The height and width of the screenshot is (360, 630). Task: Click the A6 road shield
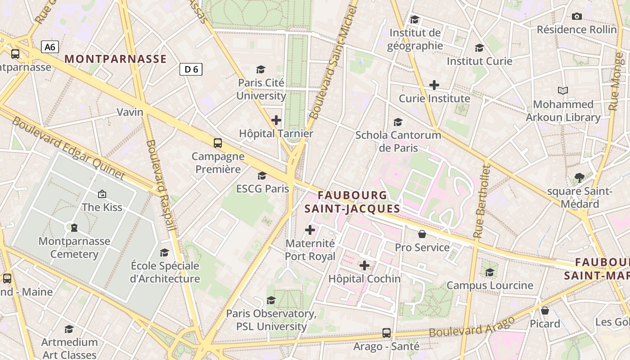(x=50, y=47)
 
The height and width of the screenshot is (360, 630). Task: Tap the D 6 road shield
(x=191, y=69)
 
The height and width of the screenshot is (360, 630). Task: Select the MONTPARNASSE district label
(x=116, y=59)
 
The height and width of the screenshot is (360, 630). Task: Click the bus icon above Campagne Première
(x=218, y=143)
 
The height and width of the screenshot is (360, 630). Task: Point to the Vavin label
(x=130, y=112)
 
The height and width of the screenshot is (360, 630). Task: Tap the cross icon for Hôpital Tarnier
(x=276, y=120)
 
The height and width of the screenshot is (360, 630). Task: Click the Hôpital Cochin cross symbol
(x=364, y=265)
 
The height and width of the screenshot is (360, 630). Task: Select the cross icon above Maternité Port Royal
(x=310, y=230)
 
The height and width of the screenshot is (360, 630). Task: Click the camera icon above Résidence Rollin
(x=576, y=17)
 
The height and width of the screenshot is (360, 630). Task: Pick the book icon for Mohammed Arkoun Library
(x=563, y=90)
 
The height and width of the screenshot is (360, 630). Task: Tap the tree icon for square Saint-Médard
(x=580, y=178)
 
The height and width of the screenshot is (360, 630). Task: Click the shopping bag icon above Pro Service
(x=422, y=234)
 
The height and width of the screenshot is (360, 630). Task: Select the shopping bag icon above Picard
(x=545, y=310)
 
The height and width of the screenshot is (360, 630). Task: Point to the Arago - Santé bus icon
(x=387, y=333)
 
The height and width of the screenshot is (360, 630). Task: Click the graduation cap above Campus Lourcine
(x=490, y=272)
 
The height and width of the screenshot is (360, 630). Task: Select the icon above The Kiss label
(x=102, y=194)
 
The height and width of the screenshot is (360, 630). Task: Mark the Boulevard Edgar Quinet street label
(x=67, y=148)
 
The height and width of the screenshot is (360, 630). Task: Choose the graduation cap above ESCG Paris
(x=262, y=175)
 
